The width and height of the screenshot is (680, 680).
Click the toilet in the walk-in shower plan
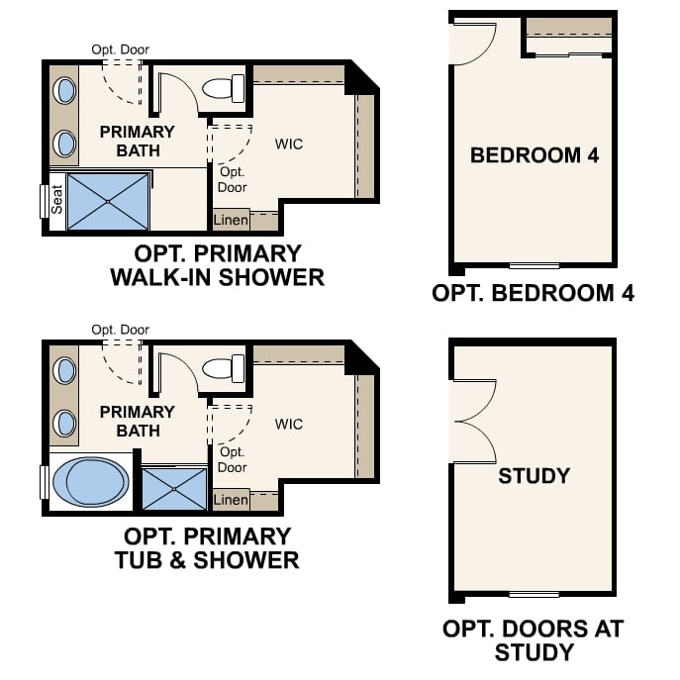tap(224, 88)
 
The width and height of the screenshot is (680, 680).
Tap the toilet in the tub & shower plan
tap(224, 369)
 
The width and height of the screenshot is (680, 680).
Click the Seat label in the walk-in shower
tap(57, 202)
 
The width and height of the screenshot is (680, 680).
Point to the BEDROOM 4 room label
tap(534, 155)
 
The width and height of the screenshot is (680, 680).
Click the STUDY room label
tap(534, 476)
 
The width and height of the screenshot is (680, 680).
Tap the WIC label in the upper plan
tap(289, 145)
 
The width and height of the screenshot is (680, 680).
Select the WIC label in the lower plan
tap(289, 425)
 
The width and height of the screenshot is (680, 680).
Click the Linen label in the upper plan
tap(231, 220)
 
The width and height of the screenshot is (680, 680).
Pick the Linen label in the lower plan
tap(231, 500)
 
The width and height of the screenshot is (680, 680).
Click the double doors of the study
tap(473, 420)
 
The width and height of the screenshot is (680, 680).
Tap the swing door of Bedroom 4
tap(472, 43)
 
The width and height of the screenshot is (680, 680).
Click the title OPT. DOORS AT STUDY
tap(534, 640)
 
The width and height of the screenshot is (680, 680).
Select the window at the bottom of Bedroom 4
tap(534, 265)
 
